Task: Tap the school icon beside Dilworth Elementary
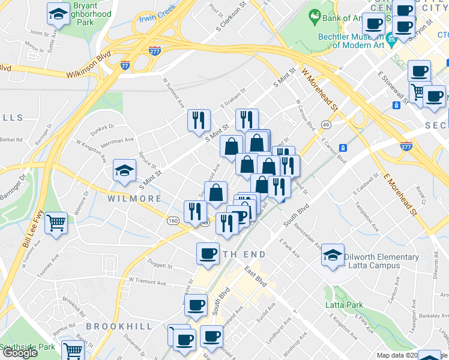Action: [333, 256]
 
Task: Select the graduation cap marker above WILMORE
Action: [125, 172]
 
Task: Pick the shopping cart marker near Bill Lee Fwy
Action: [56, 223]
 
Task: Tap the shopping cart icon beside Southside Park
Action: [73, 350]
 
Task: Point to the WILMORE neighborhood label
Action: [136, 199]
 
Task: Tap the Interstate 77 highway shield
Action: [125, 64]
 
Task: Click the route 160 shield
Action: [173, 221]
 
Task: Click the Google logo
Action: [20, 353]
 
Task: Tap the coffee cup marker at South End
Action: [208, 253]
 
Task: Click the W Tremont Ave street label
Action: [146, 280]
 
